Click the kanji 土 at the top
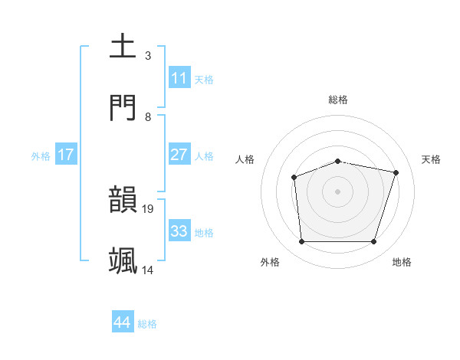click(123, 46)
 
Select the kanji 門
click(123, 107)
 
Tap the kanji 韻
click(123, 199)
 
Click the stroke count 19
click(149, 208)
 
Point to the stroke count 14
click(148, 270)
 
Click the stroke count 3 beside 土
click(148, 55)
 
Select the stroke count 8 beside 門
click(148, 116)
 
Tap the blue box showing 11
click(179, 77)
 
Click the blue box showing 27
click(179, 154)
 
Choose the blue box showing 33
click(179, 231)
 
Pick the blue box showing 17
click(65, 154)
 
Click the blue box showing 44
click(122, 322)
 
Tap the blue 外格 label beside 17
click(41, 155)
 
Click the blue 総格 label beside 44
click(147, 324)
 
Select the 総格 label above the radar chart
click(338, 100)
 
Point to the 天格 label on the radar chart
click(431, 159)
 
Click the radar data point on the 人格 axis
click(294, 178)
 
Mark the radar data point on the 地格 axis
click(373, 242)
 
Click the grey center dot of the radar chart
click(337, 191)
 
